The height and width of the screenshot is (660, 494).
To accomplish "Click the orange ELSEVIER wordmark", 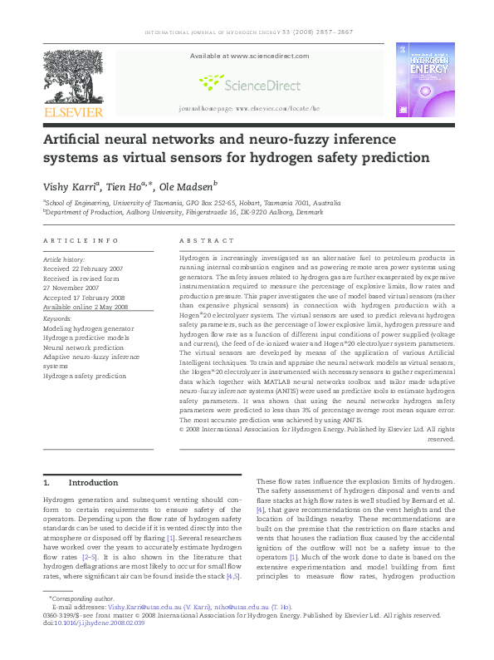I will (74, 112).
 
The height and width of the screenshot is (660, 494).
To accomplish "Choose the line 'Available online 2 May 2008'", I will (86, 307).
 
